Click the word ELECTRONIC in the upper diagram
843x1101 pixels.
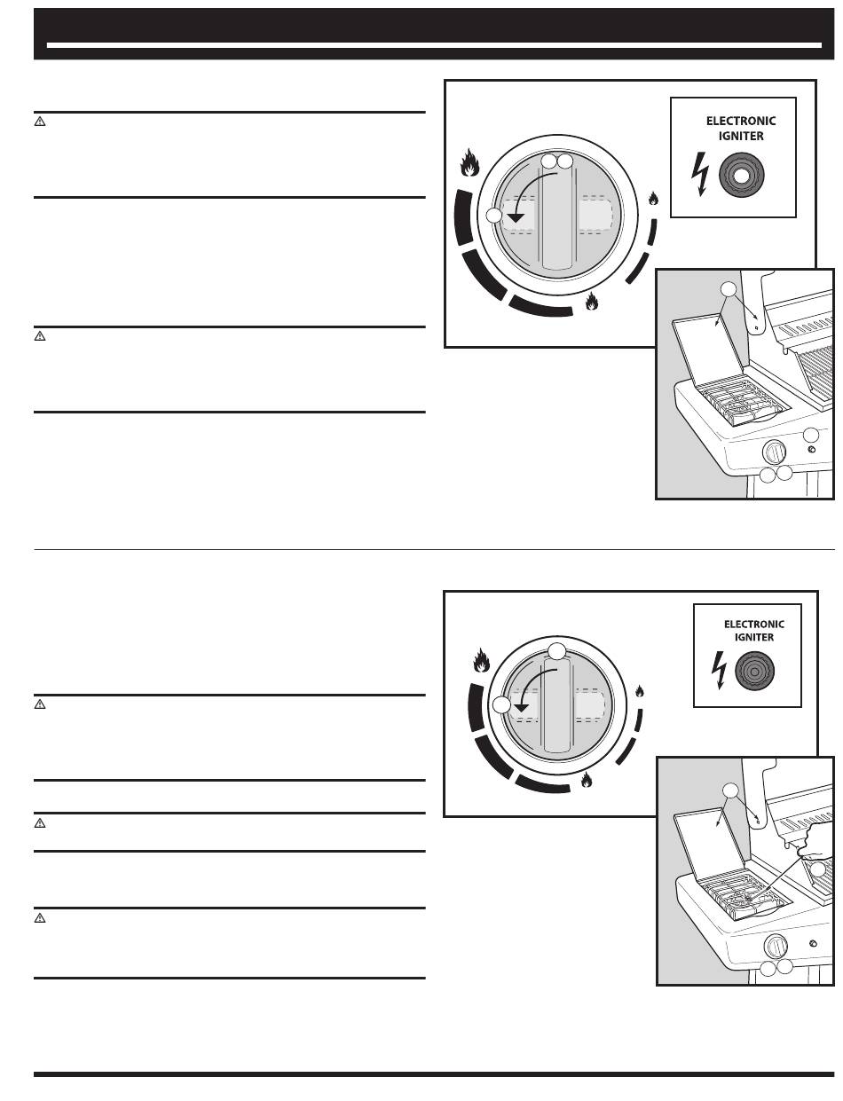[x=740, y=121]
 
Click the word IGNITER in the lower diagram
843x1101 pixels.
[x=753, y=637]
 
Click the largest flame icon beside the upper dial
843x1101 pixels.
[x=470, y=163]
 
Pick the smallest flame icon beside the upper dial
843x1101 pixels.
[x=653, y=200]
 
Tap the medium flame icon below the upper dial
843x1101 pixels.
[x=591, y=302]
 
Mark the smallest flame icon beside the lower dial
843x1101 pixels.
[x=639, y=691]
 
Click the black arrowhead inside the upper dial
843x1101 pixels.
[x=516, y=217]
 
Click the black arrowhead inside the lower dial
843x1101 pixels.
[x=522, y=707]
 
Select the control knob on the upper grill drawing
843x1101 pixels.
[x=775, y=452]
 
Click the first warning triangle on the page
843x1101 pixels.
[x=39, y=122]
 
